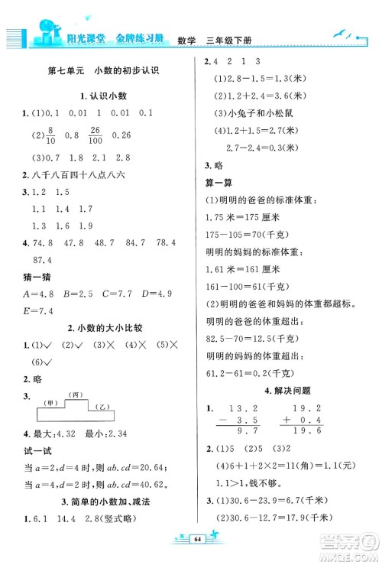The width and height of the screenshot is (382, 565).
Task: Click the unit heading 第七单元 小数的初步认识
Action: (108, 70)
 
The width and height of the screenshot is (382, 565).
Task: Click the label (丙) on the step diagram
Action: (74, 395)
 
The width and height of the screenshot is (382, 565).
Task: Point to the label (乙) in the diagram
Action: (97, 408)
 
